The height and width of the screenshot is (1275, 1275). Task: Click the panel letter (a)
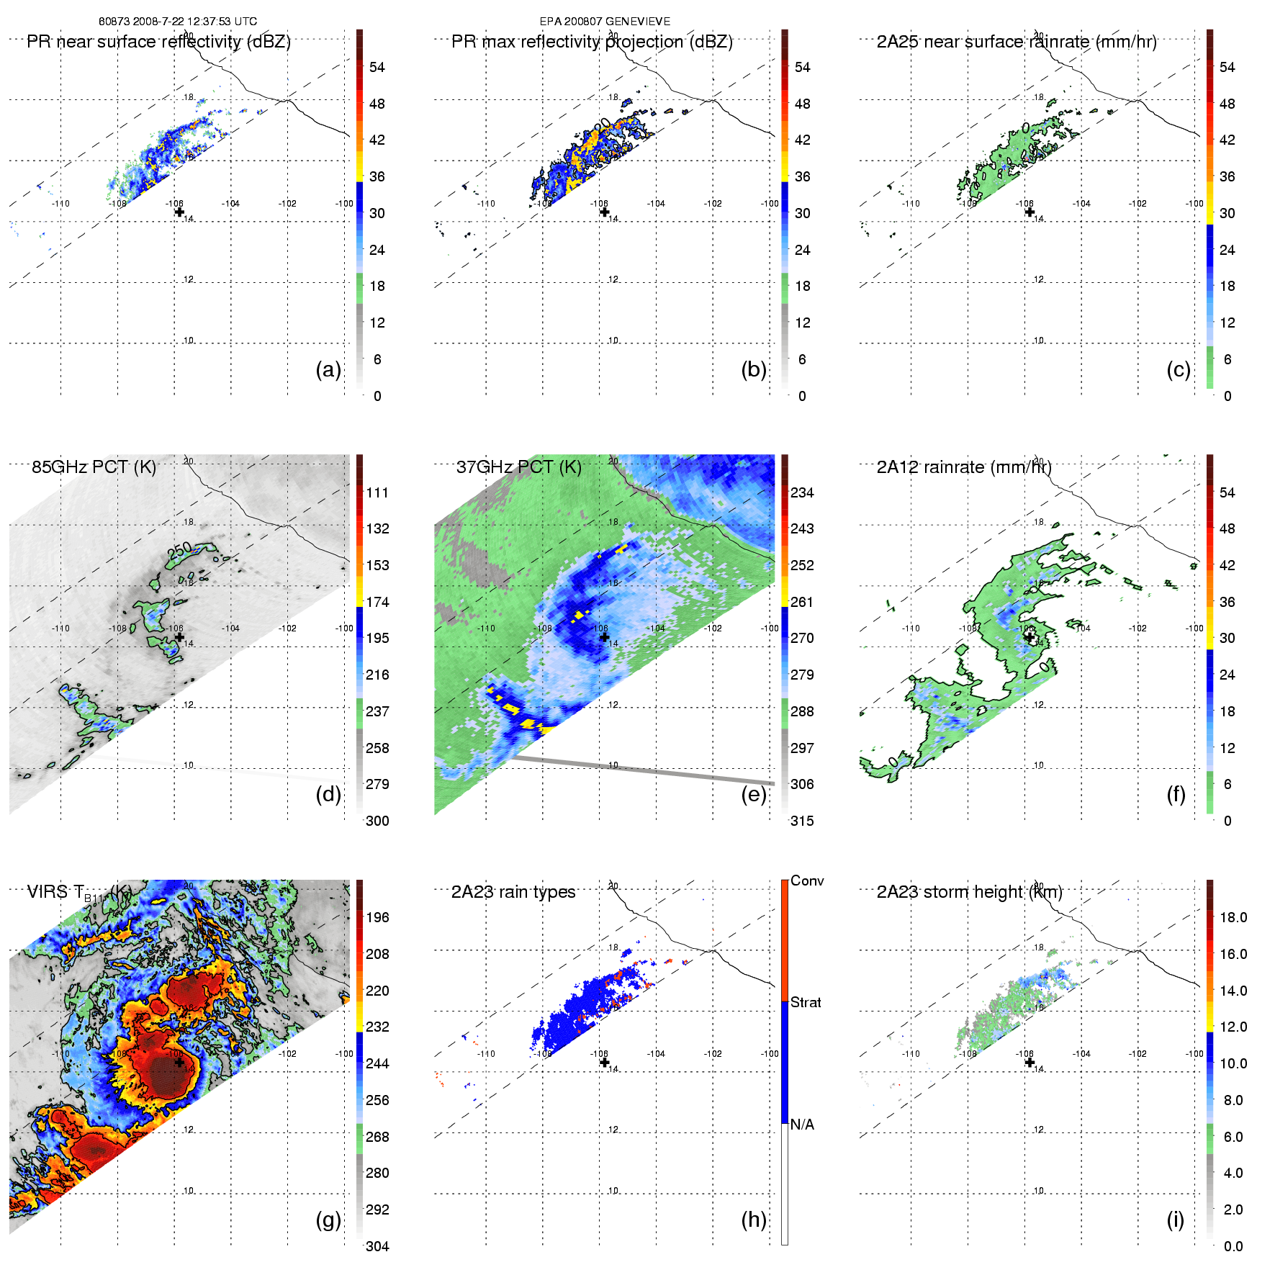pyautogui.click(x=328, y=369)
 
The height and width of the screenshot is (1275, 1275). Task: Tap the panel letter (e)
pyautogui.click(x=754, y=795)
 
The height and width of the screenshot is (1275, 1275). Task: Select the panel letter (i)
pyautogui.click(x=1175, y=1220)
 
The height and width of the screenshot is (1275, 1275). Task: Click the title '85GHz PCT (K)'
pyautogui.click(x=94, y=467)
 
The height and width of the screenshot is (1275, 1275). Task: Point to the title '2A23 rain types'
pyautogui.click(x=513, y=892)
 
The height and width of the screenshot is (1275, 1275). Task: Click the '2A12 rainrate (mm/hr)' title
pyautogui.click(x=964, y=467)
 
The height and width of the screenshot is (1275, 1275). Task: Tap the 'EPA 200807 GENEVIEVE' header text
pyautogui.click(x=605, y=22)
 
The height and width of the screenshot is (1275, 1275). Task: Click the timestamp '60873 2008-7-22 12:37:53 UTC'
pyautogui.click(x=178, y=22)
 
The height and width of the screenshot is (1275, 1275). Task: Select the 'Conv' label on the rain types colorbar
pyautogui.click(x=807, y=880)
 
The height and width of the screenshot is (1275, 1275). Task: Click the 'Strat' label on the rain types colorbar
pyautogui.click(x=806, y=1002)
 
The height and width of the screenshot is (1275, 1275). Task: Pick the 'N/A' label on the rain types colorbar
pyautogui.click(x=802, y=1124)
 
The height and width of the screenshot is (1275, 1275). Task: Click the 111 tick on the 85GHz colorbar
pyautogui.click(x=377, y=492)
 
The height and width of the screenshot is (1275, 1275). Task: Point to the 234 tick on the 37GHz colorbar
pyautogui.click(x=802, y=492)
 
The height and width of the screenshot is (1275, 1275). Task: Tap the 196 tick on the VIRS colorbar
pyautogui.click(x=377, y=917)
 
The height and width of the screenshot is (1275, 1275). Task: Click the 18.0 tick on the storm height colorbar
pyautogui.click(x=1233, y=917)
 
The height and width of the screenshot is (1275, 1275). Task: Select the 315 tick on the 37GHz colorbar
pyautogui.click(x=802, y=821)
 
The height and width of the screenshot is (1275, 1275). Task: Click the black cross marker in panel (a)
pyautogui.click(x=179, y=212)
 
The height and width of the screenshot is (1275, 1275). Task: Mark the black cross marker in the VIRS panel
pyautogui.click(x=179, y=1062)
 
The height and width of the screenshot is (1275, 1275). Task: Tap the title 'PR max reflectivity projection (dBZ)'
pyautogui.click(x=592, y=42)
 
